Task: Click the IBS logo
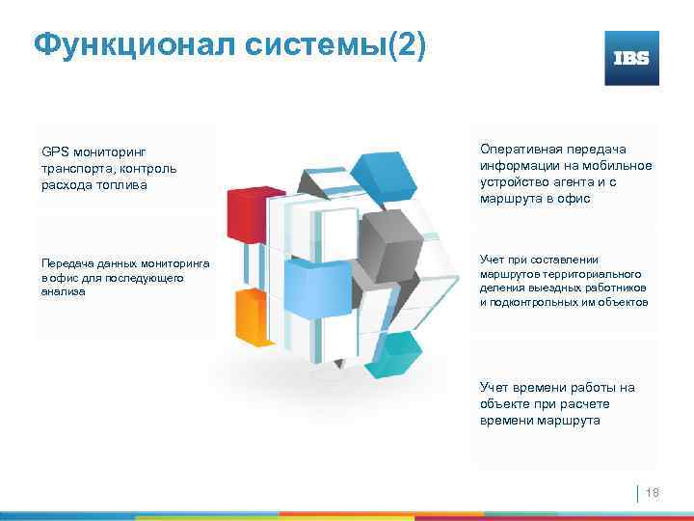[x=631, y=58]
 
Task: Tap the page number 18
[x=651, y=494]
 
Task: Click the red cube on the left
[x=247, y=212]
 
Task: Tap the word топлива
[x=125, y=185]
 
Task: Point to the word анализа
[x=63, y=292]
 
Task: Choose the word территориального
[x=601, y=274]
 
